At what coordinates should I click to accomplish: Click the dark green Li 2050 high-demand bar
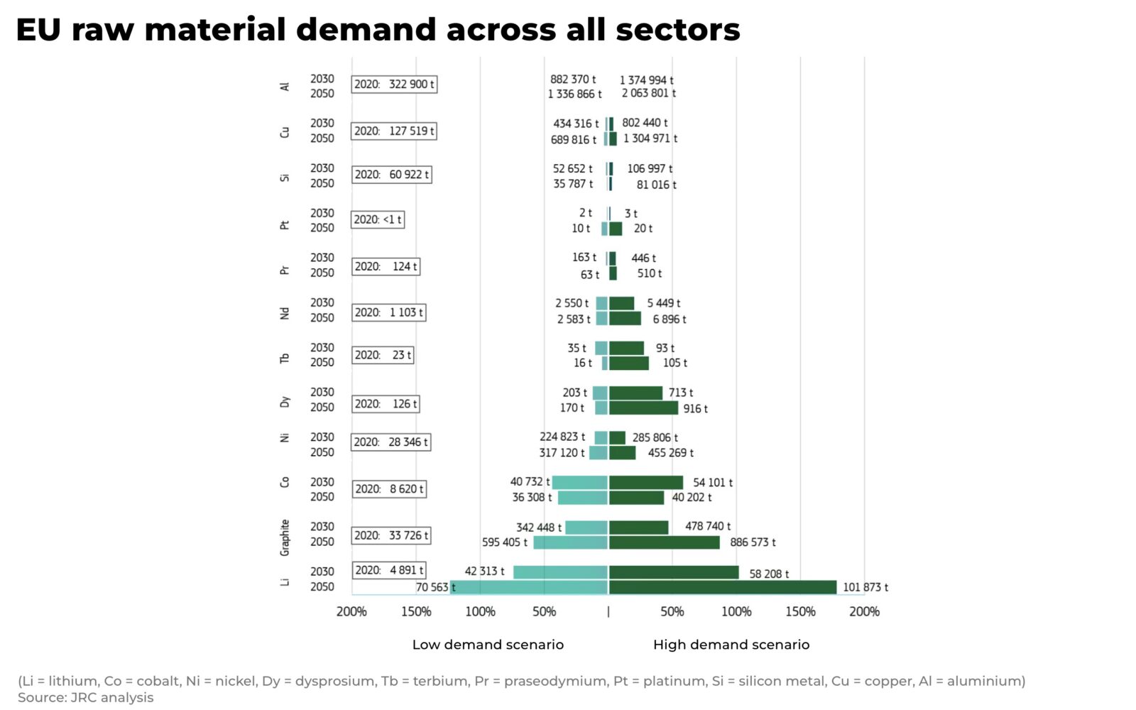722,587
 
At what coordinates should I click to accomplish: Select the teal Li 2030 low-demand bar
560,572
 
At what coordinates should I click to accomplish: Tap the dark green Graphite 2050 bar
664,542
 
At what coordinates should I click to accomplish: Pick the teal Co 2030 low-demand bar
579,483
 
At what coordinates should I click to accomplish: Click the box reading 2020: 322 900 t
394,84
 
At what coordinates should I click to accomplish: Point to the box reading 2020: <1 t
378,220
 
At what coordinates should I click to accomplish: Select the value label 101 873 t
865,587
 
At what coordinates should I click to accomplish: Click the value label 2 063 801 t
648,93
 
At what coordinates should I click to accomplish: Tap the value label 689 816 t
574,140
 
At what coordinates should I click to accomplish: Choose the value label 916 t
695,409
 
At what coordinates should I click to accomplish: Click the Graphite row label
285,537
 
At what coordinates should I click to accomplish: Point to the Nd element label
285,313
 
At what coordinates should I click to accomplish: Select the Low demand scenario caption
488,645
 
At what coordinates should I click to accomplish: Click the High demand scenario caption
731,645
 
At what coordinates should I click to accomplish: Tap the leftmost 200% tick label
351,611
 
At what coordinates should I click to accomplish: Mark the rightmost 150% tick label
800,611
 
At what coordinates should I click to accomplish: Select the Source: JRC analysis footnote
85,697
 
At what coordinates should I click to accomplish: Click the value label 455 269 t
670,453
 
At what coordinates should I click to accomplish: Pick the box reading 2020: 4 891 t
389,570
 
